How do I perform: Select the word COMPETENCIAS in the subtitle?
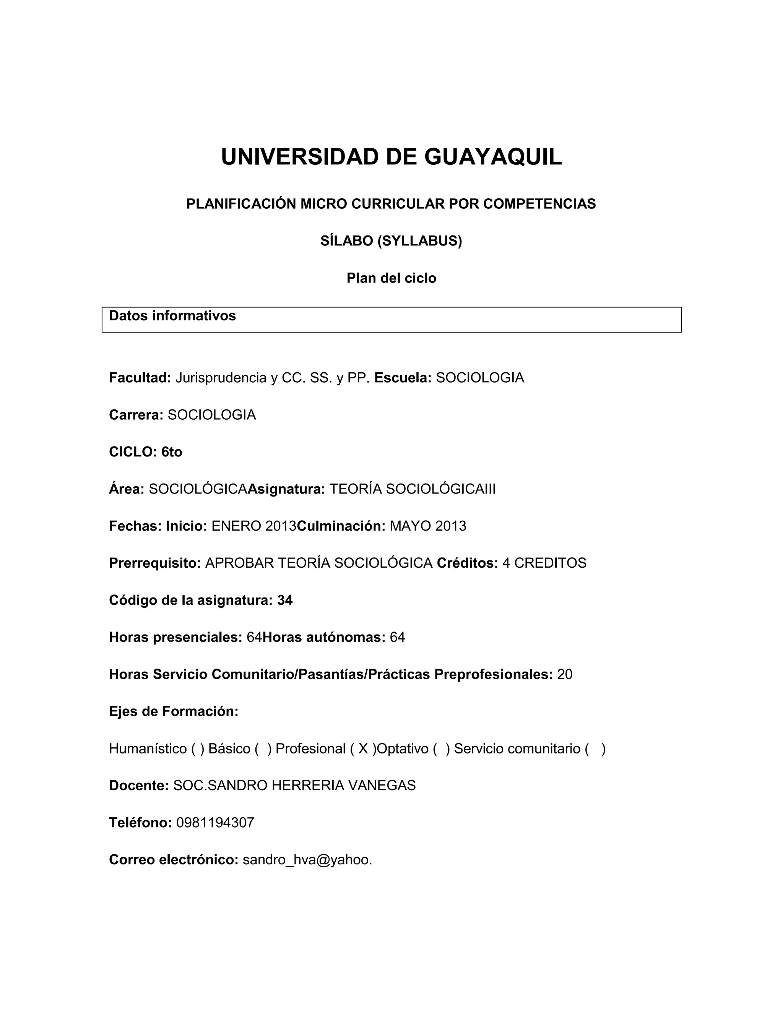[539, 204]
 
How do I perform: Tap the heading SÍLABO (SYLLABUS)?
[391, 241]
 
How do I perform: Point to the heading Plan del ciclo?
[391, 278]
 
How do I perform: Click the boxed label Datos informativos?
[172, 316]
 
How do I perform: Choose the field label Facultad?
[140, 378]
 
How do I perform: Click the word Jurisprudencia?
[221, 378]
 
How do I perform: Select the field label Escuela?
[403, 378]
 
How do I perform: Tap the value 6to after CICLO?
[172, 452]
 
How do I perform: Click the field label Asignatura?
[286, 489]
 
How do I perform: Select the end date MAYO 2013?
[428, 526]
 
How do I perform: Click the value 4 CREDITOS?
[544, 563]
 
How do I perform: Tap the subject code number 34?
[285, 600]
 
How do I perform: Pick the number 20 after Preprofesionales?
[565, 674]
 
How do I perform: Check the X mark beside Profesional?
[363, 748]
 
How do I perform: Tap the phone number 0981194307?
[215, 823]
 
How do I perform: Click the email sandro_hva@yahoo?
[307, 860]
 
